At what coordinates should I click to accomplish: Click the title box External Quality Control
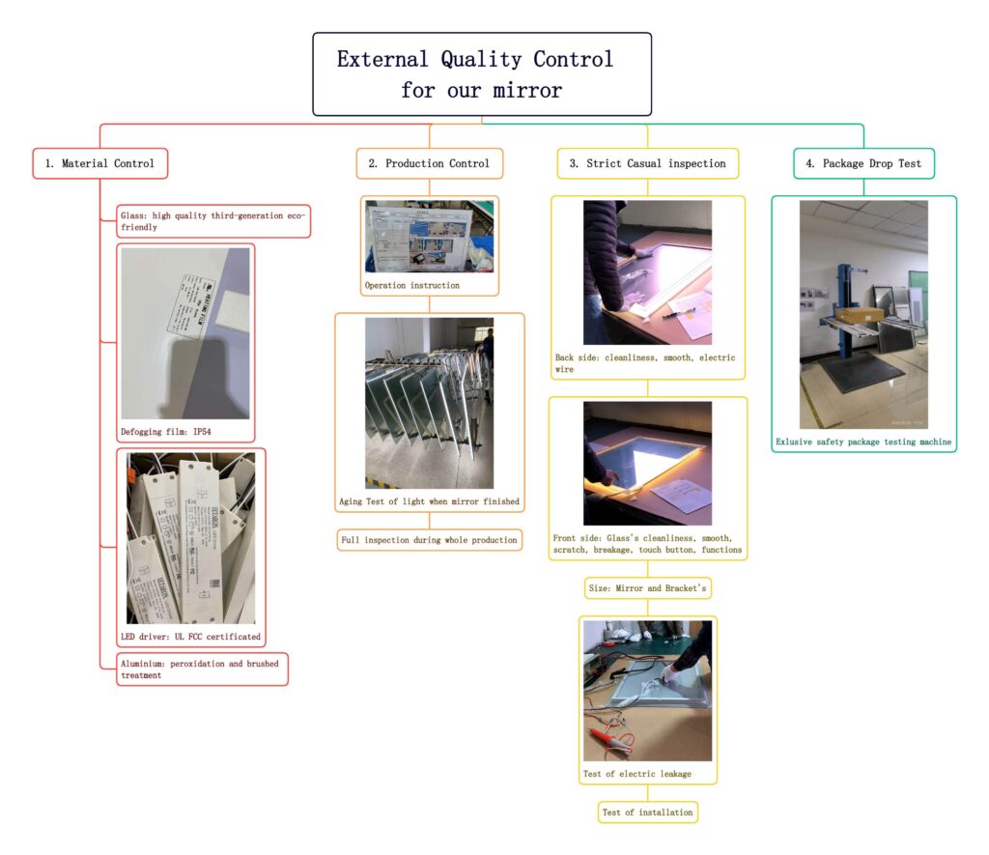pyautogui.click(x=481, y=74)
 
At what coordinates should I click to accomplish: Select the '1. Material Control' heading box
pyautogui.click(x=100, y=163)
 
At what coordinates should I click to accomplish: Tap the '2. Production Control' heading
pyautogui.click(x=430, y=163)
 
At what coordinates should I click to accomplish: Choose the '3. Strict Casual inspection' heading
pyautogui.click(x=647, y=163)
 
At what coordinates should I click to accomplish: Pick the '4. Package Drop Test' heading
pyautogui.click(x=863, y=163)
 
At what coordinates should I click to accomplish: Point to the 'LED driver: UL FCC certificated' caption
pyautogui.click(x=190, y=637)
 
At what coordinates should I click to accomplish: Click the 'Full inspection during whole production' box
pyautogui.click(x=429, y=539)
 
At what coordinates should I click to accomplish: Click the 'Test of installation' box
pyautogui.click(x=647, y=812)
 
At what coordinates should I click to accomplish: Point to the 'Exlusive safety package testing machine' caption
pyautogui.click(x=863, y=442)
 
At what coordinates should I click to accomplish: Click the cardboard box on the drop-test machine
pyautogui.click(x=860, y=315)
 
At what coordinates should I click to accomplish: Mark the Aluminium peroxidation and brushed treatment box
pyautogui.click(x=203, y=669)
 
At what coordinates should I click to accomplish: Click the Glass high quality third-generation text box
pyautogui.click(x=212, y=220)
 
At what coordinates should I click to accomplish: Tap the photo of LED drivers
pyautogui.click(x=190, y=537)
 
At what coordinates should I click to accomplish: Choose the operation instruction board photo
pyautogui.click(x=429, y=237)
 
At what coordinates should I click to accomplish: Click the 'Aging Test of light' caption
pyautogui.click(x=429, y=501)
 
